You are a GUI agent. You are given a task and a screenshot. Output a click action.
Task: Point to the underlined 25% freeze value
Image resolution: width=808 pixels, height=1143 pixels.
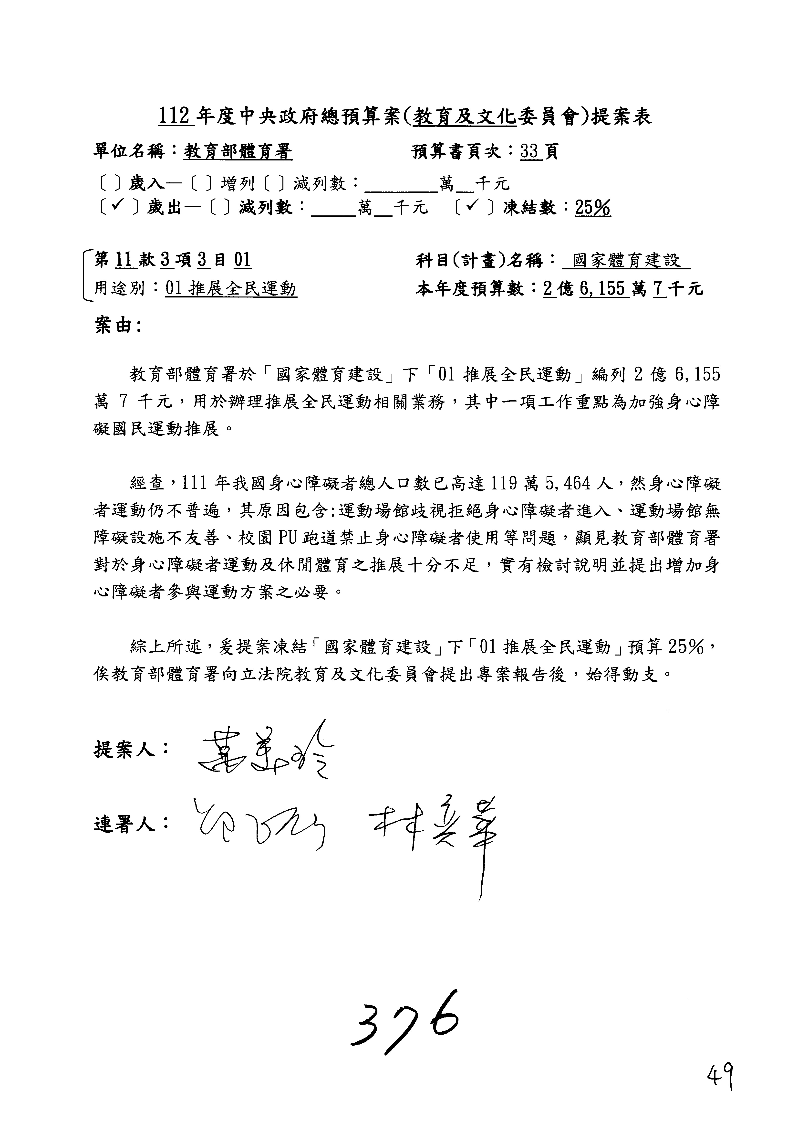click(592, 208)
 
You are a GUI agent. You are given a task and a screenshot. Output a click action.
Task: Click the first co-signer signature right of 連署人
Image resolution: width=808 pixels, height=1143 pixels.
click(259, 826)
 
